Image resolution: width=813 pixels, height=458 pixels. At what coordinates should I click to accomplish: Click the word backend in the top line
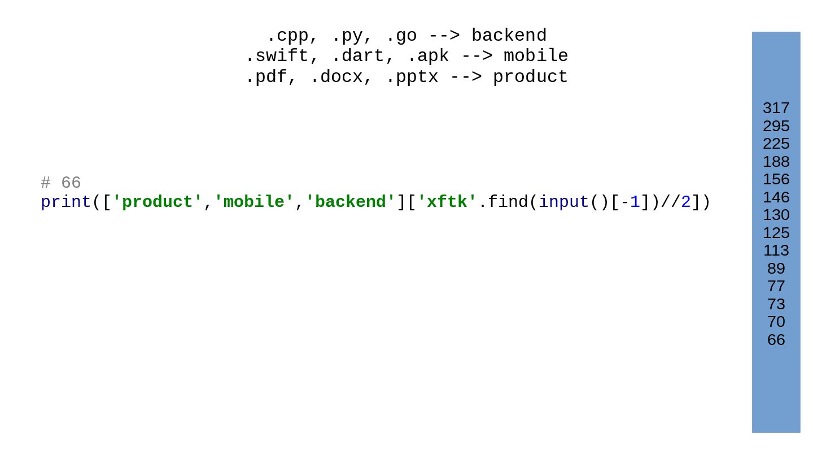point(509,36)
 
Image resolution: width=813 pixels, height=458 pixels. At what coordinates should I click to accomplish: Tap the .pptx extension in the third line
point(412,77)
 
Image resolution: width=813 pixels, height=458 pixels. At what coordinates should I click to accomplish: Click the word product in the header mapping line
point(530,77)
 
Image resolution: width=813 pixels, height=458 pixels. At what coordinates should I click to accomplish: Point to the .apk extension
point(427,57)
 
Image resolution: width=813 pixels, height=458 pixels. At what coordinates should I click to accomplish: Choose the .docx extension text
point(336,77)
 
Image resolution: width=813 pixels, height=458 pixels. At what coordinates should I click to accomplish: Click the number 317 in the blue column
point(776,108)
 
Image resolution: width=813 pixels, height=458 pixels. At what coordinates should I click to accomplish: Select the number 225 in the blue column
point(776,144)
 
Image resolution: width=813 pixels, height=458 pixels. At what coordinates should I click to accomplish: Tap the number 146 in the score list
point(776,197)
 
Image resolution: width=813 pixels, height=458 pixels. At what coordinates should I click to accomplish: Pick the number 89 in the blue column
point(776,269)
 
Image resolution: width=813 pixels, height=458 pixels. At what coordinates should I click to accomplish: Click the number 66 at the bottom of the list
point(776,340)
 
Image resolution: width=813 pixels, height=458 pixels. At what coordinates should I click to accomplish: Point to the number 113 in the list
point(776,250)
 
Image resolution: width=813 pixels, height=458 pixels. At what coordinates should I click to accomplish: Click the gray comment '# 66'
point(61,183)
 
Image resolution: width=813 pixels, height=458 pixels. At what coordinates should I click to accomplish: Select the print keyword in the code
point(66,202)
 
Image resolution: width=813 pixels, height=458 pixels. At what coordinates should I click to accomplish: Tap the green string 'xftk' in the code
point(447,202)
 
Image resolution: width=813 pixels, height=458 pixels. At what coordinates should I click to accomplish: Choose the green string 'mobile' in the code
point(254,202)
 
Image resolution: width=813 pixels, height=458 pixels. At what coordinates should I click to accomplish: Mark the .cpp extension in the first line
point(287,36)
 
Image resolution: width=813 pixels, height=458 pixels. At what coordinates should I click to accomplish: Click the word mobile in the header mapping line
point(536,57)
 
